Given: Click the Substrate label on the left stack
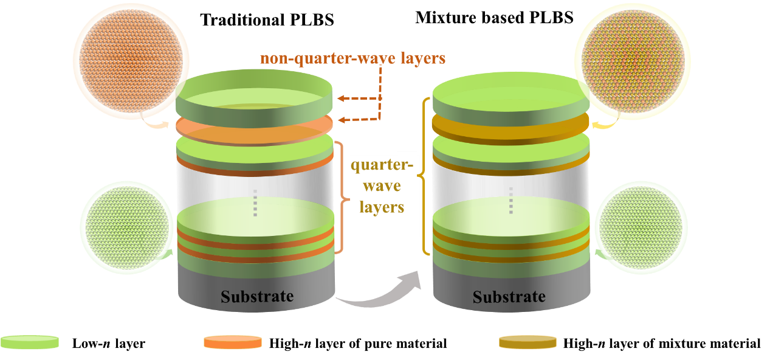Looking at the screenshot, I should (256, 297).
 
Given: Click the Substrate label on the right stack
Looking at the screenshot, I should (509, 297).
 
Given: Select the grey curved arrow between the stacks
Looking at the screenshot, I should (380, 292).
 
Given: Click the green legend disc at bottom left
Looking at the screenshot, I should (30, 342).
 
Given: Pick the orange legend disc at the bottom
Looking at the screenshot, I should (233, 342).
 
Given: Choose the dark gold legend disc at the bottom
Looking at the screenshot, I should (528, 342).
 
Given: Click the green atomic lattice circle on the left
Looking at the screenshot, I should (126, 227).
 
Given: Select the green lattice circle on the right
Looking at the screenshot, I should (640, 227).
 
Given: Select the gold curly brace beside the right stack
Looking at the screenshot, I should (424, 176).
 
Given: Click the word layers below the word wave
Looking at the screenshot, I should (382, 207).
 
